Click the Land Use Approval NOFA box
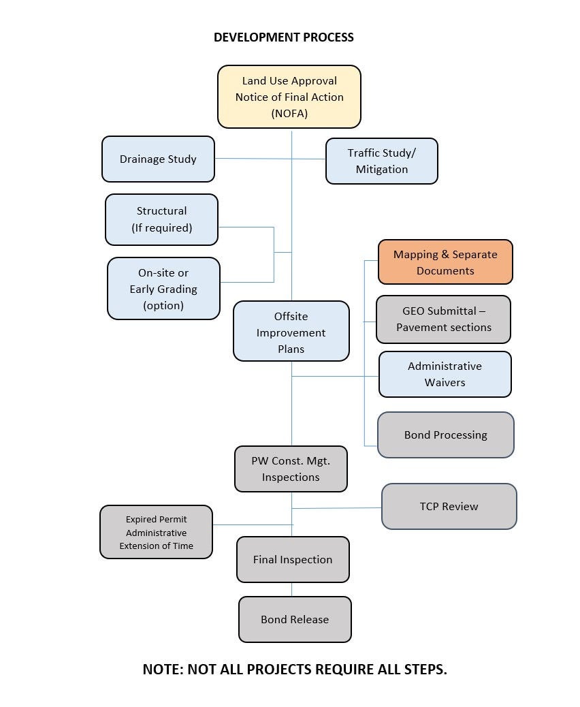(289, 97)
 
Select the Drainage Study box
(158, 159)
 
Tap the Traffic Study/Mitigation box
(382, 161)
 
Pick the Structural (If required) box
(162, 219)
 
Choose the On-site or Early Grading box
(163, 289)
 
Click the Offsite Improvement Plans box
(291, 331)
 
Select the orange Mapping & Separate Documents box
(445, 262)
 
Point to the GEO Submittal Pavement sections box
(443, 319)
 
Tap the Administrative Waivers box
(445, 374)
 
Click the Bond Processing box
(446, 435)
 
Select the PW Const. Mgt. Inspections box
(291, 469)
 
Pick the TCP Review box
(449, 506)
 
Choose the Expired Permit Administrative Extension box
(157, 532)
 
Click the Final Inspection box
(293, 560)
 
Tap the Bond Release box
(295, 620)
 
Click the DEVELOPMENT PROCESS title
(283, 37)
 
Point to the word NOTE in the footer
(163, 669)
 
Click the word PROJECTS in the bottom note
(279, 669)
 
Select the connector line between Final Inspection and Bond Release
(291, 590)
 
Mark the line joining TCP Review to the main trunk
(337, 508)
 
